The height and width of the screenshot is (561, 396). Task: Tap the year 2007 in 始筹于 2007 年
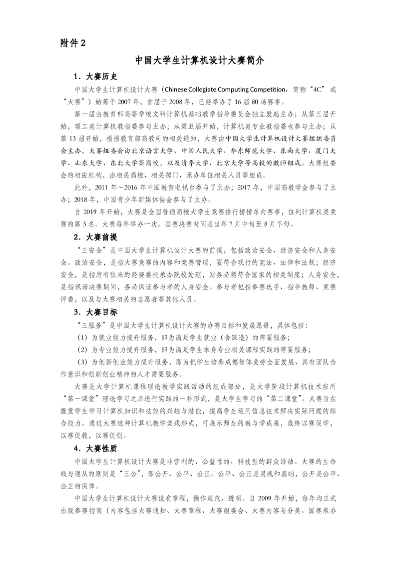pos(129,100)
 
